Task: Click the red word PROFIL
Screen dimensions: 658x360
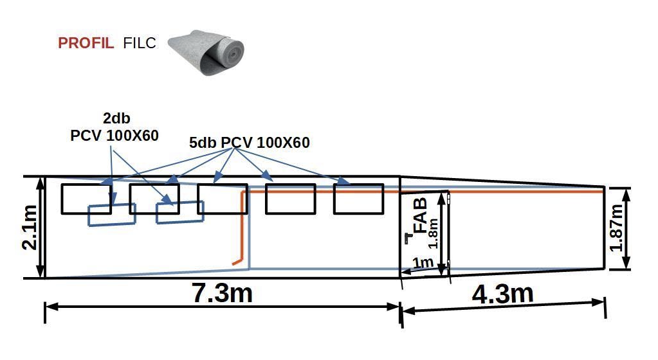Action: (86, 43)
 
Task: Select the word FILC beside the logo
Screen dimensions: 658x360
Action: (140, 43)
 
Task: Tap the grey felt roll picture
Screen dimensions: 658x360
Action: (206, 53)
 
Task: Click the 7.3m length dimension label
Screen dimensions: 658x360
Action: (222, 292)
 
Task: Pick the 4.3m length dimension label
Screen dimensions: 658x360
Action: (502, 294)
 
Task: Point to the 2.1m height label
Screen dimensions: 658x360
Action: (30, 227)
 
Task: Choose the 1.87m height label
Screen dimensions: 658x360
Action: (616, 228)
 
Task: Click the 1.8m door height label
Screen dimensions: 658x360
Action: (433, 234)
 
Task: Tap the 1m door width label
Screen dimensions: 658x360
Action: (423, 263)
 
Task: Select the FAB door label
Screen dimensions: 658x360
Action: (420, 215)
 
